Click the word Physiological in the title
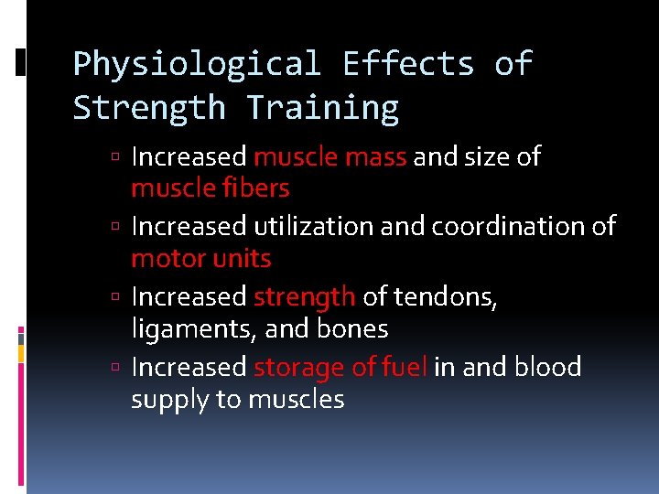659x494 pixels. pyautogui.click(x=197, y=64)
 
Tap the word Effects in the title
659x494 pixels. pyautogui.click(x=407, y=64)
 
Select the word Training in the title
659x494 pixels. pyautogui.click(x=322, y=108)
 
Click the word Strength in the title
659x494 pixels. pyautogui.click(x=149, y=108)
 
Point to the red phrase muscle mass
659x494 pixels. pyautogui.click(x=329, y=157)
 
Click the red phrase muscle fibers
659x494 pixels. pyautogui.click(x=210, y=188)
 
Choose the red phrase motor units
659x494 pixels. pyautogui.click(x=200, y=258)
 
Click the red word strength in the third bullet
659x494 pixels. pyautogui.click(x=304, y=297)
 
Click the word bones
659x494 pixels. pyautogui.click(x=352, y=328)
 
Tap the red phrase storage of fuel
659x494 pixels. pyautogui.click(x=340, y=368)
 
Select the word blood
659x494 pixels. pyautogui.click(x=547, y=368)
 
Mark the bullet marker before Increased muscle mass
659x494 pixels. pyautogui.click(x=121, y=158)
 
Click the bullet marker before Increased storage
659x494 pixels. pyautogui.click(x=121, y=369)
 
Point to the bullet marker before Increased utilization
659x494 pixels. pyautogui.click(x=121, y=227)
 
